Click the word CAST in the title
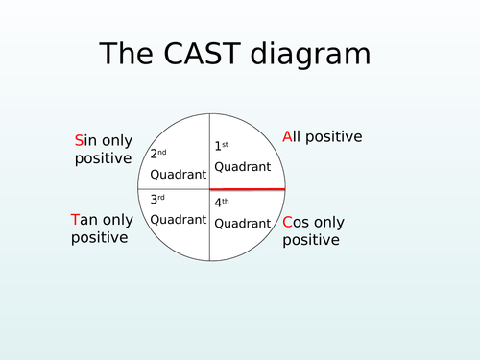tap(205, 55)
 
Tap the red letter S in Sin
tap(79, 141)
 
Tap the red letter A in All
tap(287, 137)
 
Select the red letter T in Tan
tap(76, 220)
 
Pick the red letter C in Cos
tap(288, 223)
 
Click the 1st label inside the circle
tap(222, 146)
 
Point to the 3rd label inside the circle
tap(158, 200)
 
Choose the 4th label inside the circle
tap(223, 204)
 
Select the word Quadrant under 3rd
tap(179, 219)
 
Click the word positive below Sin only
tap(103, 158)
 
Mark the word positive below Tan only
tap(100, 237)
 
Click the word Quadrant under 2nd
tap(179, 175)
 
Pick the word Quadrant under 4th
tap(242, 224)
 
